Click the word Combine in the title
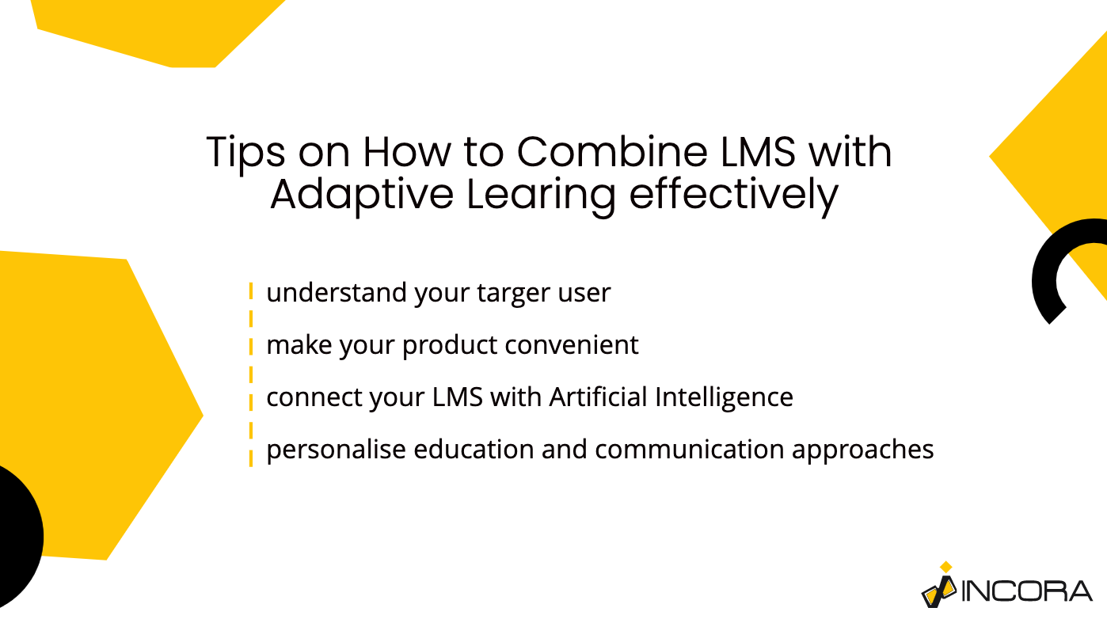tap(612, 151)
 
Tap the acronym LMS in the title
tap(758, 151)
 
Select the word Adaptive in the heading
tap(362, 195)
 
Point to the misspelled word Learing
tap(541, 195)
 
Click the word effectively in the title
tap(733, 195)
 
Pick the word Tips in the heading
tap(245, 153)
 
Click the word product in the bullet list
tap(450, 345)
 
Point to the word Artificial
tap(598, 397)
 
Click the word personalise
tap(336, 450)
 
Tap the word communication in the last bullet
tap(689, 449)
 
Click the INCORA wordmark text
tap(1026, 591)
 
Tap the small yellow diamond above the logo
tap(946, 567)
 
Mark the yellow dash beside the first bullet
tap(251, 291)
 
